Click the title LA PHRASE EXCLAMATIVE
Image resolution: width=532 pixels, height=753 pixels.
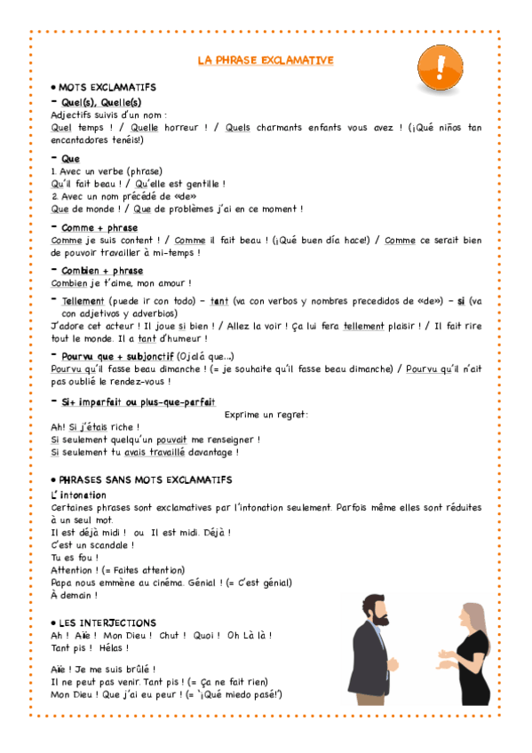(x=266, y=60)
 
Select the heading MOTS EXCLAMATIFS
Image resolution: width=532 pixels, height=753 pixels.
(x=107, y=87)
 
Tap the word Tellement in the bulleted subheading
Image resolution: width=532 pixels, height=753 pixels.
(x=83, y=301)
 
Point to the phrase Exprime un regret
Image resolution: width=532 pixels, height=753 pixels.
(x=266, y=415)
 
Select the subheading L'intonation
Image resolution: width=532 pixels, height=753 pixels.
(x=79, y=494)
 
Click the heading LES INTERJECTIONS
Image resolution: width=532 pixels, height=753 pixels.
(x=107, y=622)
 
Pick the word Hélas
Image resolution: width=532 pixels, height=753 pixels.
(x=111, y=648)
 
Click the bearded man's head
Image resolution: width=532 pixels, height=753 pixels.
(x=377, y=610)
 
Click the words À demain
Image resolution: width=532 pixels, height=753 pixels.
(x=73, y=595)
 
